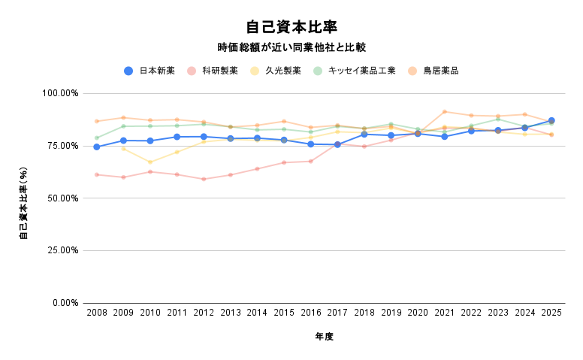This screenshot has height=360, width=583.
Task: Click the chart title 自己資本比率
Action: coord(291,27)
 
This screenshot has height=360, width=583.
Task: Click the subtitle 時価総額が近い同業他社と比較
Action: coord(291,47)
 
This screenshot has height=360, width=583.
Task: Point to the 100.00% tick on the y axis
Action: coord(60,93)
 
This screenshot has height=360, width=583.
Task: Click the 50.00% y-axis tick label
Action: coord(62,198)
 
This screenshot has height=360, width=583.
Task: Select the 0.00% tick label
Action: coord(65,303)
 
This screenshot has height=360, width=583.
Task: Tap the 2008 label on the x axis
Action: coord(96,312)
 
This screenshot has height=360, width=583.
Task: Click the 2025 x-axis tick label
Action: coord(551,312)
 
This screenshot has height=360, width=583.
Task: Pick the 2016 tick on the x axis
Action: coord(310,312)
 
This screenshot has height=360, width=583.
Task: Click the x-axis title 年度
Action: coord(324,337)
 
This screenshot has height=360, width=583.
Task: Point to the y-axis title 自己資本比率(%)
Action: coord(23,198)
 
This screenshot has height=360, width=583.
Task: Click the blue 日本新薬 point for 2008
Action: coord(96,147)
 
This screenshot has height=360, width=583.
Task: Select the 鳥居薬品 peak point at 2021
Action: coord(444,112)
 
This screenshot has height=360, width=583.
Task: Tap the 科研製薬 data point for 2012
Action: coord(204,179)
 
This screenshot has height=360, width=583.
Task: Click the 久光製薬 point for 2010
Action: coord(150,162)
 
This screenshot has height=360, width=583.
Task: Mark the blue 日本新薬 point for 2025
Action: coord(551,120)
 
